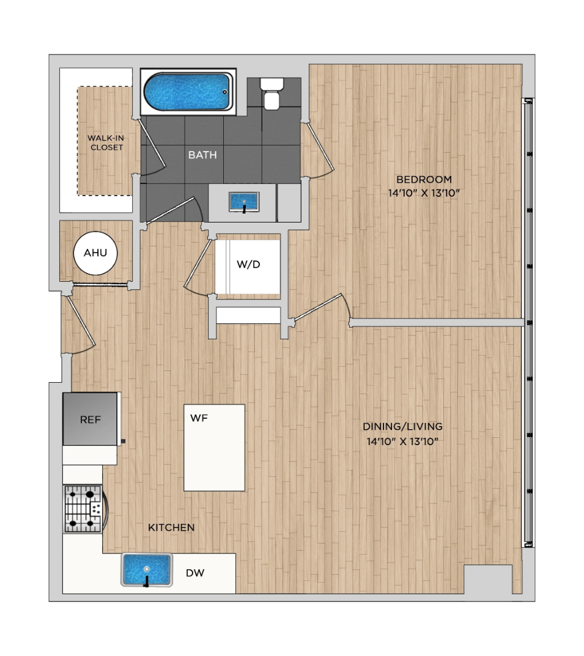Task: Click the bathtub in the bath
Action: click(188, 92)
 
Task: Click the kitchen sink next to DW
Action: click(146, 570)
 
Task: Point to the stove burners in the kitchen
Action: click(83, 509)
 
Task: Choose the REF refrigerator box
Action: click(90, 419)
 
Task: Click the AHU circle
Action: click(95, 253)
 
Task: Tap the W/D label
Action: click(248, 264)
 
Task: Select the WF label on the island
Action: click(199, 418)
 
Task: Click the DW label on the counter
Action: click(195, 573)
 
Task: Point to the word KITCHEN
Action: click(171, 528)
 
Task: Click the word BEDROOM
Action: click(424, 180)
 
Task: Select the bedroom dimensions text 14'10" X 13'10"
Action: click(424, 193)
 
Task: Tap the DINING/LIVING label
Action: click(402, 426)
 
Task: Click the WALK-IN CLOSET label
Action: click(106, 142)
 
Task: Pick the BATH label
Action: click(202, 155)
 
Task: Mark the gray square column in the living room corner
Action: click(488, 579)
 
